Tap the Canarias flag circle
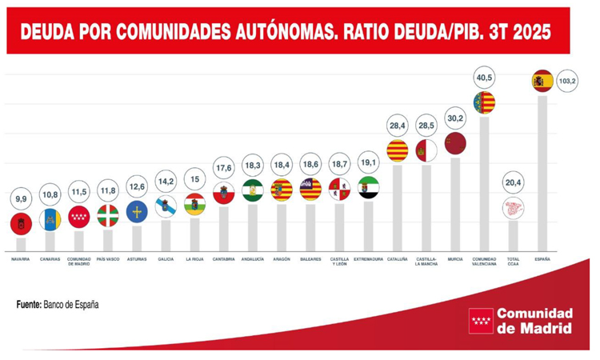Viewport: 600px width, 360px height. coord(50,218)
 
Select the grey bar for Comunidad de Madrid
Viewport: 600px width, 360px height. coord(79,241)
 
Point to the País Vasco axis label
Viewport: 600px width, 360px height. coord(107,259)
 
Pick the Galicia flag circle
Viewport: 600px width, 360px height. coord(166,207)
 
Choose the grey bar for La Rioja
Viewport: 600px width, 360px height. coord(194,234)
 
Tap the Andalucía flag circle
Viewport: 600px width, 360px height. coord(252,190)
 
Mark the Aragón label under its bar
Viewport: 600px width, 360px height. coord(281,259)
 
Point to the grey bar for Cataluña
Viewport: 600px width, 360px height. coord(397,208)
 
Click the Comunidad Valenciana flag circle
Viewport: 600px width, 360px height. coord(484,102)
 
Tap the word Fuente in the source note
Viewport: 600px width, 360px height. coord(28,305)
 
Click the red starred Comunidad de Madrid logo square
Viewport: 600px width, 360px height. coord(481,321)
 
